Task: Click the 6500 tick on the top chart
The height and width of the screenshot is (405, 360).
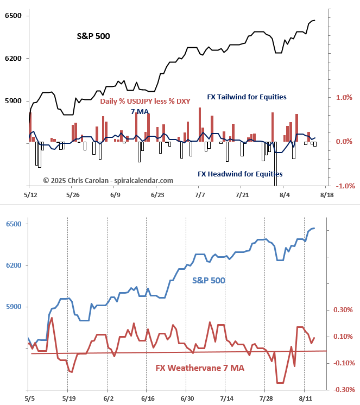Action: [13, 16]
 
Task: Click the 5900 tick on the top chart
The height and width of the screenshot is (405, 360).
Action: [13, 101]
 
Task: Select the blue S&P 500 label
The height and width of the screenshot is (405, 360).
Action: [209, 281]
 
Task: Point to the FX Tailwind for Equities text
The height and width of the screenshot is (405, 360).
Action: [247, 97]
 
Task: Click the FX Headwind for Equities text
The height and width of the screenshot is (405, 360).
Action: [239, 174]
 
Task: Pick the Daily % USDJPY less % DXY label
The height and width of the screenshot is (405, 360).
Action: [145, 101]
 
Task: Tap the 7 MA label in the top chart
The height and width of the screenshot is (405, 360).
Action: [140, 112]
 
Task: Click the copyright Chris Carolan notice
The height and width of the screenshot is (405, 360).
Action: [108, 180]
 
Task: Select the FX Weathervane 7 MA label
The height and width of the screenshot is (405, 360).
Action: [200, 368]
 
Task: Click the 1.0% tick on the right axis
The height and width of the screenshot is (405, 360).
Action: [344, 98]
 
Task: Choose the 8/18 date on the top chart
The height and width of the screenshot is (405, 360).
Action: [326, 195]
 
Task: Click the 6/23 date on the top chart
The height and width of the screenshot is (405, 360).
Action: [157, 195]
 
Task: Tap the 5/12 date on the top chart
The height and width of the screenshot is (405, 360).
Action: [30, 195]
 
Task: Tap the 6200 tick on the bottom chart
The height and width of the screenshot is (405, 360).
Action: [13, 265]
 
